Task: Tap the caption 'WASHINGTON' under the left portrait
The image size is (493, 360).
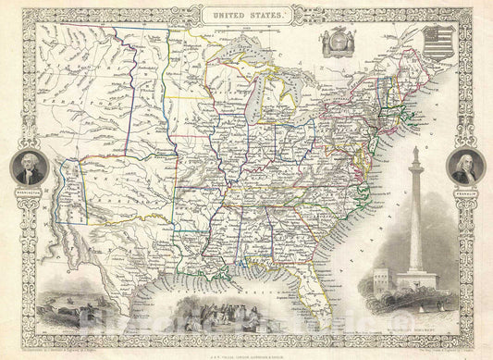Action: (30, 189)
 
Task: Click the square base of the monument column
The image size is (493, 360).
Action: (414, 279)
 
